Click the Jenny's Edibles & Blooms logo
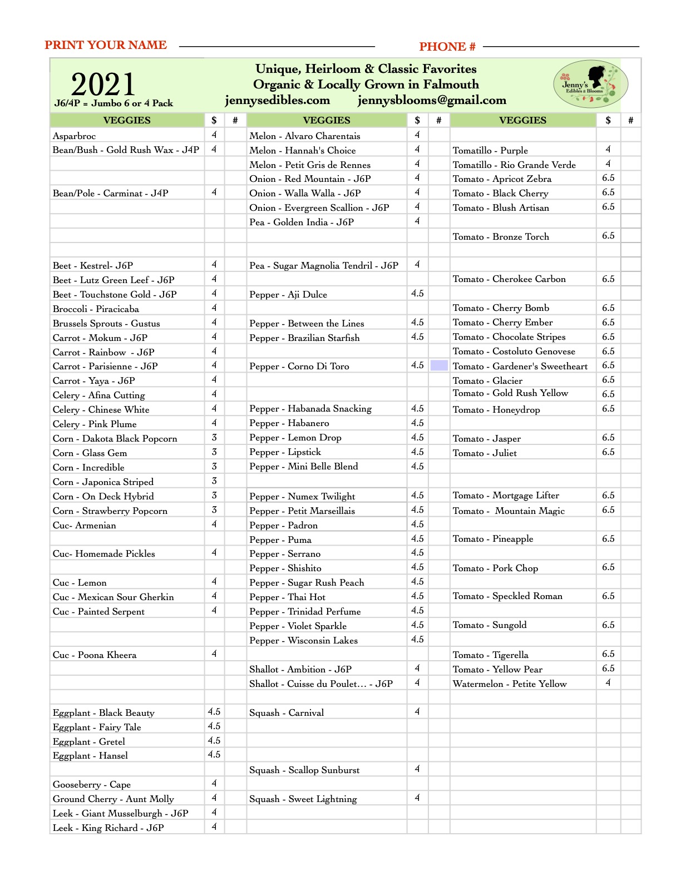[x=590, y=85]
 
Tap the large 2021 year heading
[x=103, y=85]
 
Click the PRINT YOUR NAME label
[x=106, y=45]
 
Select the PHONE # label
[x=447, y=47]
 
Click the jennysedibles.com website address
[x=277, y=100]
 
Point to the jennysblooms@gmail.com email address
[x=432, y=100]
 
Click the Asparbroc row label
[x=75, y=136]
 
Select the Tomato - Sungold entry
[x=490, y=625]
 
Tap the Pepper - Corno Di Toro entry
[x=299, y=367]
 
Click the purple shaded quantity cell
[x=439, y=365]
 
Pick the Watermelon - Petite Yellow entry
[x=510, y=684]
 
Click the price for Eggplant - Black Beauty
[x=214, y=712]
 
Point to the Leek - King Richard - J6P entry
[x=108, y=828]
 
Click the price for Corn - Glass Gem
[x=214, y=452]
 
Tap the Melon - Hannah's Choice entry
[x=303, y=150]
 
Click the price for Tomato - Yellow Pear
[x=608, y=669]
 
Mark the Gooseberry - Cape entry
[x=92, y=785]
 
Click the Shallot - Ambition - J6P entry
[x=300, y=670]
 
